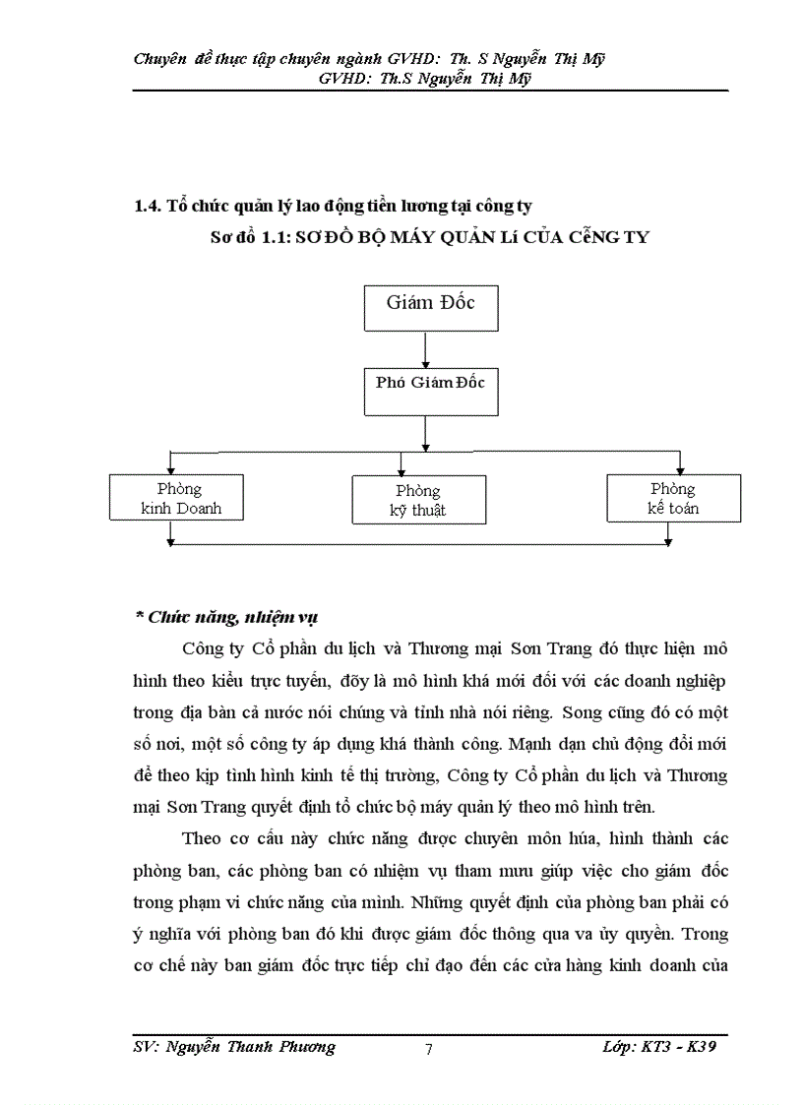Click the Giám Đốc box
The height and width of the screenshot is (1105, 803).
tap(431, 307)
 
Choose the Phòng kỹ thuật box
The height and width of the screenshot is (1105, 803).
tap(418, 500)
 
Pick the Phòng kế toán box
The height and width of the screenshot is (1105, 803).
tap(673, 498)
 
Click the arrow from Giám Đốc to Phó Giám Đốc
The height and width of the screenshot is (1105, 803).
tap(424, 349)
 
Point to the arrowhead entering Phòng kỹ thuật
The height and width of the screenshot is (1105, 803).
tap(401, 469)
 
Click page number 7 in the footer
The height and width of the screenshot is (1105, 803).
tap(428, 1048)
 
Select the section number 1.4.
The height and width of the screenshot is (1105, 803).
tap(148, 207)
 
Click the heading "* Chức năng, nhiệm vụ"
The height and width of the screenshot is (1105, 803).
tap(225, 617)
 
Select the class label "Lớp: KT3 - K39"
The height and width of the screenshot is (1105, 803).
tap(658, 1046)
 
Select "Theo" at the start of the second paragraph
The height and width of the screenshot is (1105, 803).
tap(203, 838)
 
